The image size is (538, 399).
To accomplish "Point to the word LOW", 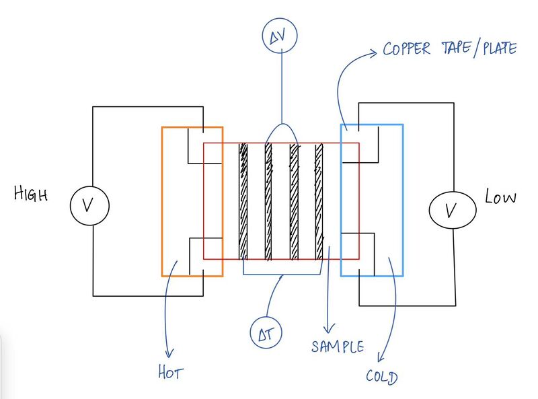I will (x=501, y=198).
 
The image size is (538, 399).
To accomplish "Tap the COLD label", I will (x=381, y=376).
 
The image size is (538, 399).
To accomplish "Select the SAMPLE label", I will (x=338, y=347).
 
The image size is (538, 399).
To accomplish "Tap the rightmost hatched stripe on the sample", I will (x=319, y=201).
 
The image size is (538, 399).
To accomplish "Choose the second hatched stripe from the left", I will (x=268, y=201).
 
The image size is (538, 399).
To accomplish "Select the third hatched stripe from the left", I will (x=294, y=201).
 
